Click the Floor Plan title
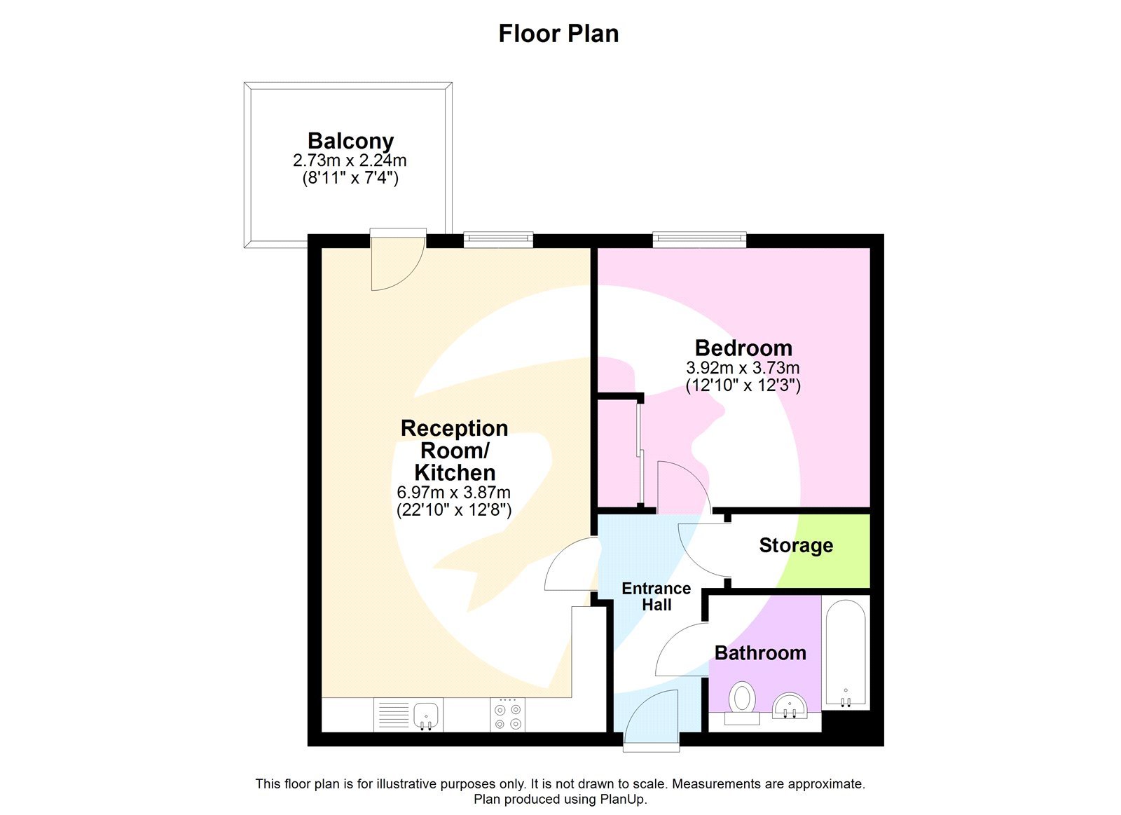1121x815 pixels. click(x=558, y=34)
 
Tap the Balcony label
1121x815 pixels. click(x=350, y=141)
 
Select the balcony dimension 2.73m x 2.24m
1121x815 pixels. click(x=350, y=160)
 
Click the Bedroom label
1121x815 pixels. click(x=743, y=348)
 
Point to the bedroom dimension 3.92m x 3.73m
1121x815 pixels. click(x=743, y=367)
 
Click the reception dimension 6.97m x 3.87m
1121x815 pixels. click(x=454, y=492)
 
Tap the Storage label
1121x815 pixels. click(x=796, y=545)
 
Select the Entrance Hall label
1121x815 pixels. click(x=656, y=596)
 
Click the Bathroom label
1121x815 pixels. click(x=760, y=652)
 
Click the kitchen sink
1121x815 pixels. click(x=426, y=715)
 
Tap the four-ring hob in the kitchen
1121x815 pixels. click(x=507, y=715)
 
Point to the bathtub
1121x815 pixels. click(x=846, y=652)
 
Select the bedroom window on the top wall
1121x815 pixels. click(x=699, y=240)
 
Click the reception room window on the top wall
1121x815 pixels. click(x=498, y=240)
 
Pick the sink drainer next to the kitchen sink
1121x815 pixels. click(x=394, y=715)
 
